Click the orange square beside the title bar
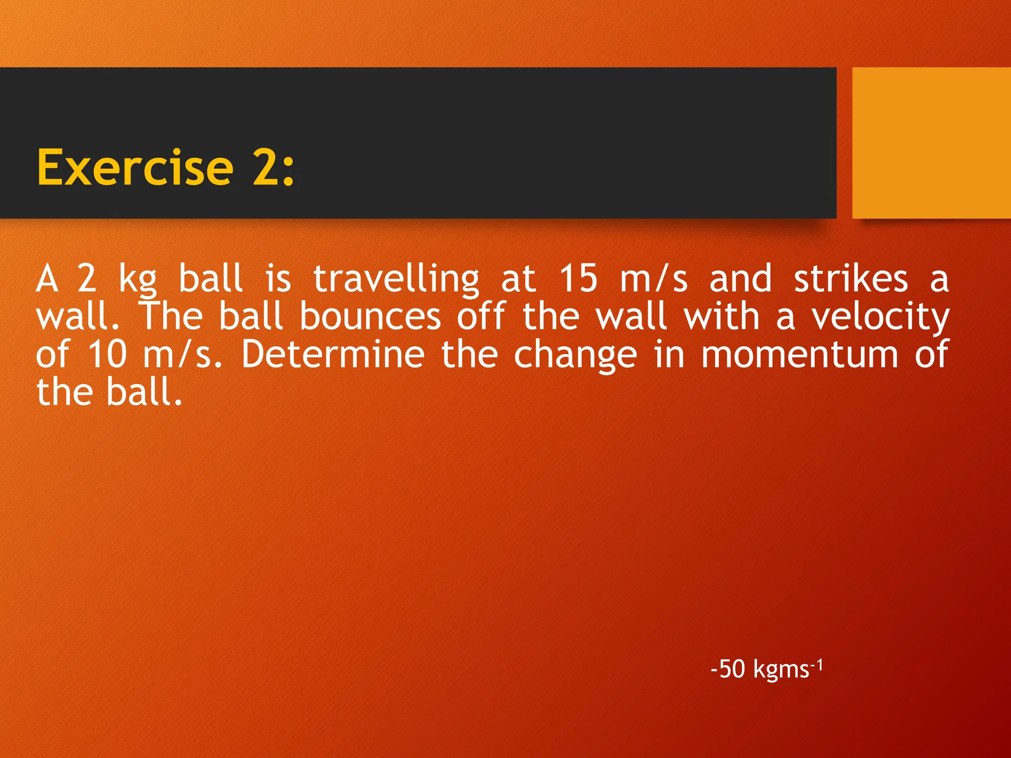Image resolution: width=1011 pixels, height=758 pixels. point(931,143)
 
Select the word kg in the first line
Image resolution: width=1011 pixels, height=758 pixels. point(137,279)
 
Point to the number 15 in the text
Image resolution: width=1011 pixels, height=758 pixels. point(578,278)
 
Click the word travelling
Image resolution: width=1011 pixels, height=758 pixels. point(396,279)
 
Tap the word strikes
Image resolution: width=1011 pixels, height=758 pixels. point(851,279)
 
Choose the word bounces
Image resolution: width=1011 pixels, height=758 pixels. point(370,317)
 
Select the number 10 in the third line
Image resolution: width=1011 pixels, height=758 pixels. point(107,354)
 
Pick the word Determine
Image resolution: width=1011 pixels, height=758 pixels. point(333,354)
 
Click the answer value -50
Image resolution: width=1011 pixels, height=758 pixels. point(728,670)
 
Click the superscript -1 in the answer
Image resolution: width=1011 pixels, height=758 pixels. point(817,665)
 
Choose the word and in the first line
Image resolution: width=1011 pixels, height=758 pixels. point(740,279)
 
